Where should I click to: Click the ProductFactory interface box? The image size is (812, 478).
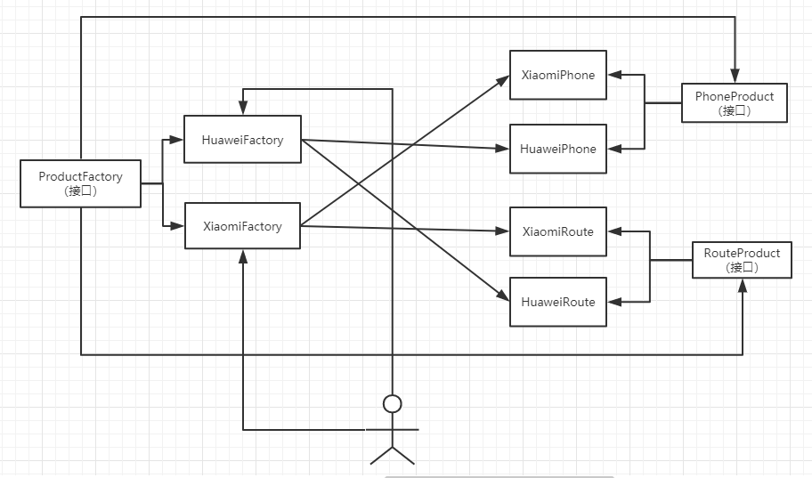pyautogui.click(x=80, y=184)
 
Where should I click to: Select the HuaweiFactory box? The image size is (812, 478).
pyautogui.click(x=242, y=140)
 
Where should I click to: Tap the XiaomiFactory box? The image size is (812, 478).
pyautogui.click(x=242, y=226)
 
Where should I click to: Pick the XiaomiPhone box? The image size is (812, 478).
pyautogui.click(x=557, y=75)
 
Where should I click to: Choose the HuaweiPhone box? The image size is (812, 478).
pyautogui.click(x=557, y=149)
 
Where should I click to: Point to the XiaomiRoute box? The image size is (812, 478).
pyautogui.click(x=557, y=231)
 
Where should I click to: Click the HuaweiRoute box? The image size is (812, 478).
pyautogui.click(x=557, y=302)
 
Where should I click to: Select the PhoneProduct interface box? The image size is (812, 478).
pyautogui.click(x=735, y=103)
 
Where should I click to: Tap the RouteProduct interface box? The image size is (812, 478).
pyautogui.click(x=742, y=260)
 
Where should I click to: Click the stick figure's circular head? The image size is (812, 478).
pyautogui.click(x=392, y=404)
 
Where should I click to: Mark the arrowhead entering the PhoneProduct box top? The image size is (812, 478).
pyautogui.click(x=735, y=76)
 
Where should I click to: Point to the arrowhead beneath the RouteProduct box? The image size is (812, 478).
pyautogui.click(x=742, y=286)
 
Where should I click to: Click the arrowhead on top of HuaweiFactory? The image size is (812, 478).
pyautogui.click(x=243, y=108)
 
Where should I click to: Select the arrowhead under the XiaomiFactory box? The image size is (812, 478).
pyautogui.click(x=243, y=256)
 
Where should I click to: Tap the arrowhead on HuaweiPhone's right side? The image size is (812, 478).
pyautogui.click(x=614, y=149)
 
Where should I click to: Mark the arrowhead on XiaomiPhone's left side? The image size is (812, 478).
pyautogui.click(x=503, y=80)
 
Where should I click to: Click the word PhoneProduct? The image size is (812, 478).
pyautogui.click(x=735, y=96)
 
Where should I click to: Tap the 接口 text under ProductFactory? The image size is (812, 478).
pyautogui.click(x=80, y=191)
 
